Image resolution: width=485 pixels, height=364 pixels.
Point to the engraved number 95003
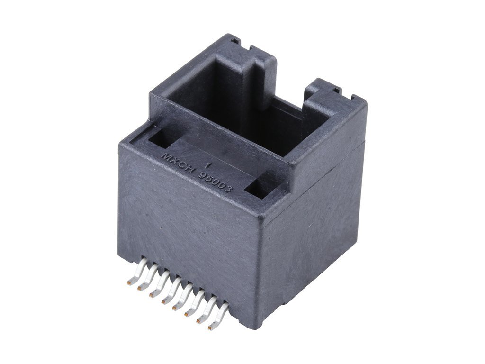[x=216, y=182]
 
